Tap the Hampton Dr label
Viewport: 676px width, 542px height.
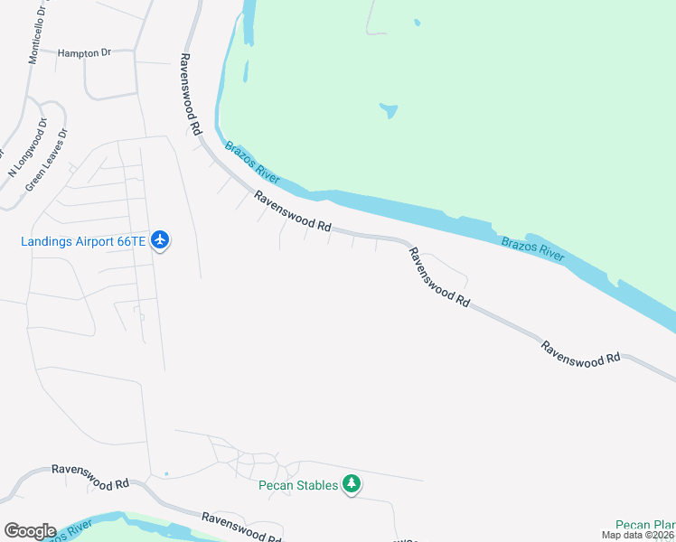click(83, 53)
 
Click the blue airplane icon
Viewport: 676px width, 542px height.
click(161, 240)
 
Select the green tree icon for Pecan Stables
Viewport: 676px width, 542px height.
click(352, 485)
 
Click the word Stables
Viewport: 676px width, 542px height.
click(317, 485)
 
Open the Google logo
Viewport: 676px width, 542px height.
click(30, 531)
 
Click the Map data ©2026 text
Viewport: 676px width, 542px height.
click(638, 535)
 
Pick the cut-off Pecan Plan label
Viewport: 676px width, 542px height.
click(645, 524)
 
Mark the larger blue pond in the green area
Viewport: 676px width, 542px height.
click(389, 111)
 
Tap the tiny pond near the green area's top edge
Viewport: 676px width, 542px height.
click(417, 23)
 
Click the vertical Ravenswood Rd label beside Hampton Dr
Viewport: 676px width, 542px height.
click(189, 94)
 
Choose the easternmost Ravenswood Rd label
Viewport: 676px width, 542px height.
click(581, 352)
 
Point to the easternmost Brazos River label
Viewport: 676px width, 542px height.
click(533, 248)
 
